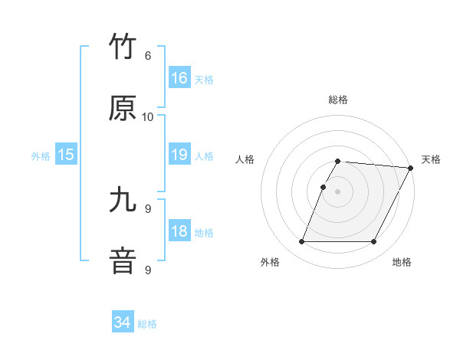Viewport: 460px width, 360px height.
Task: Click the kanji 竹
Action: coord(123,47)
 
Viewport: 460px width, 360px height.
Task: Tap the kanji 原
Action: coord(123,109)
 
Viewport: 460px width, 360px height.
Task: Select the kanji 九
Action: coord(123,201)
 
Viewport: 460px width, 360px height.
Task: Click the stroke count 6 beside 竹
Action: coord(148,56)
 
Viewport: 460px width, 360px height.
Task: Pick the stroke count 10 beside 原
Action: coord(148,117)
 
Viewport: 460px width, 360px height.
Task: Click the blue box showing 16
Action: coord(179,78)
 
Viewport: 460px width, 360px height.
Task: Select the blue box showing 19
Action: coord(179,155)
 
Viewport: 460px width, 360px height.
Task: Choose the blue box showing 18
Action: coord(179,231)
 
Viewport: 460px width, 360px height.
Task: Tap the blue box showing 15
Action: coord(66,155)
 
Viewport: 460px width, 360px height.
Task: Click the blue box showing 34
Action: coord(123,322)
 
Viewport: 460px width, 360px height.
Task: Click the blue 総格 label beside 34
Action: coord(147,324)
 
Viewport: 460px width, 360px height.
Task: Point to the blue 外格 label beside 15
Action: coord(41,156)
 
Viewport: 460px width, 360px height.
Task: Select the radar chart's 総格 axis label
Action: coord(338,100)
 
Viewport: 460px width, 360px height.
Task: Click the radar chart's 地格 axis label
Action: coord(402,263)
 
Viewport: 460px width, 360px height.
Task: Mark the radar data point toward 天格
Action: coord(411,168)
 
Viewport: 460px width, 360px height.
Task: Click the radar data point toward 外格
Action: coord(301,242)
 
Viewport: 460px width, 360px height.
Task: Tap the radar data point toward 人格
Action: coord(324,187)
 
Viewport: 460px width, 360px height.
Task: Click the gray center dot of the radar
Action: coord(337,191)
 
